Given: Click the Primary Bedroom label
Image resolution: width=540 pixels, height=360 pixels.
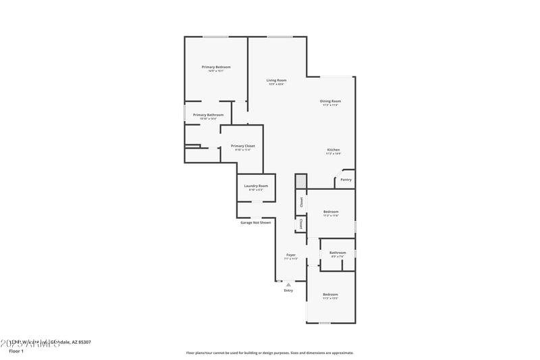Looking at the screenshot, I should click(x=216, y=67).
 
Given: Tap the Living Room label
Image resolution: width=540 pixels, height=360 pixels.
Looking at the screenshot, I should click(x=277, y=80).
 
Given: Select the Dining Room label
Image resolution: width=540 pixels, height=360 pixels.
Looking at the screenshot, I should click(x=330, y=101).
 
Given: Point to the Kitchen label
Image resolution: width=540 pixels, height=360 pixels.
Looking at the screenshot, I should click(x=333, y=149).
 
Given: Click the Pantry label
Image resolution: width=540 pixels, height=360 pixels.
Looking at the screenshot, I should click(x=346, y=180).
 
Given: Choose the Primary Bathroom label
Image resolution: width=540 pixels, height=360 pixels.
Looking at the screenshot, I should click(x=208, y=115).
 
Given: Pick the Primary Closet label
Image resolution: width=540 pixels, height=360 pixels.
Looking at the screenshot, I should click(x=242, y=146).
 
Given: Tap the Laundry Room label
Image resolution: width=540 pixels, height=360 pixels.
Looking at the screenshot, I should click(x=256, y=186).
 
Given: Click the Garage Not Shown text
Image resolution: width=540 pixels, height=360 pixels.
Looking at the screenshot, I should click(x=256, y=222).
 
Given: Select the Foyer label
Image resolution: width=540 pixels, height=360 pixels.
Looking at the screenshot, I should click(x=291, y=255).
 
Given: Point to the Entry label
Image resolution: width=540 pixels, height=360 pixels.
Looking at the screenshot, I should click(x=288, y=290).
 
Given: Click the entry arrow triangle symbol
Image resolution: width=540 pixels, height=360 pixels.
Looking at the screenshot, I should click(x=288, y=284).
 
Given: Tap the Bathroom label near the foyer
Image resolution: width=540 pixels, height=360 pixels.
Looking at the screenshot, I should click(x=337, y=253).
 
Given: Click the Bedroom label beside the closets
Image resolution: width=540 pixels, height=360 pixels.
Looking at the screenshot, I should click(x=330, y=211).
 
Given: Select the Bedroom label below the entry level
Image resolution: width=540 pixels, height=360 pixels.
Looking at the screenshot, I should click(x=330, y=294).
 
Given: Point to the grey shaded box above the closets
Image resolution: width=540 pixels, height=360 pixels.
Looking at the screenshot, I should click(x=301, y=182).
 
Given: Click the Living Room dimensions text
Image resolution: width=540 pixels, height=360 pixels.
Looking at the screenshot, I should click(x=277, y=84).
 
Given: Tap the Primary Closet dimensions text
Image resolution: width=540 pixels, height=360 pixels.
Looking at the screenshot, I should click(x=242, y=150).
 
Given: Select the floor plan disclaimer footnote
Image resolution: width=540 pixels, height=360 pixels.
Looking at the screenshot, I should click(x=269, y=353).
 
